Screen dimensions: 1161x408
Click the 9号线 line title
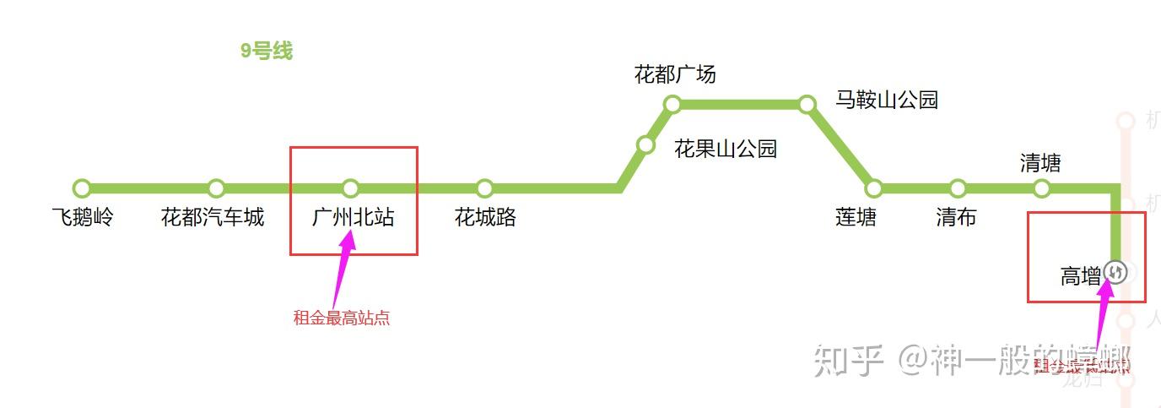[x=266, y=51]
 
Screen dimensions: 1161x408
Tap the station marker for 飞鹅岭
[x=82, y=188]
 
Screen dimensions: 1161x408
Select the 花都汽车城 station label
[x=213, y=218]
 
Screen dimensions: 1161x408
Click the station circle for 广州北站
[x=351, y=188]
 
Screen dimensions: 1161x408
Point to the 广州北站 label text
[x=353, y=218]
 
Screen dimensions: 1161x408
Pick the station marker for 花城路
[x=484, y=188]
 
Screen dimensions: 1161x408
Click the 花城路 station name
[x=485, y=218]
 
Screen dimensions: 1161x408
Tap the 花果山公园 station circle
[x=645, y=145]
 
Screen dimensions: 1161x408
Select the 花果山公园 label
[x=726, y=150]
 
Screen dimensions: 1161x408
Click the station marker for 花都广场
[x=672, y=105]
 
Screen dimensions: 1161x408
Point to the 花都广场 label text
[x=675, y=74]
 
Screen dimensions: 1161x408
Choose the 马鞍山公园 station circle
[x=807, y=105]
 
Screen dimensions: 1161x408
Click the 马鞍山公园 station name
[x=887, y=100]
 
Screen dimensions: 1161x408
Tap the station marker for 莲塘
[x=874, y=188]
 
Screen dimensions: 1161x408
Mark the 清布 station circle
[x=958, y=188]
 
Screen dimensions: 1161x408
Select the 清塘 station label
[x=1040, y=163]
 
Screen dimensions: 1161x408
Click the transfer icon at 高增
[x=1115, y=272]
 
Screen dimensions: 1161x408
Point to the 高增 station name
[x=1081, y=276]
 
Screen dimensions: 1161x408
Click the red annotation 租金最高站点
[x=342, y=318]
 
